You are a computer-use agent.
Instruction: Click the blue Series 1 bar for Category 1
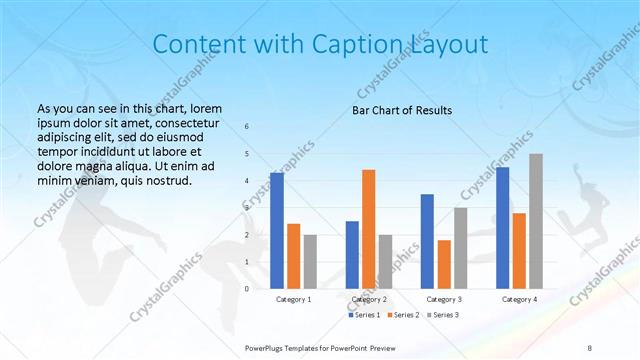pyautogui.click(x=276, y=230)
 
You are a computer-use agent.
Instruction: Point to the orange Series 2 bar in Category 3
pyautogui.click(x=443, y=263)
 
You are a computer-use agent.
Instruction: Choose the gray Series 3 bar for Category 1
pyautogui.click(x=310, y=261)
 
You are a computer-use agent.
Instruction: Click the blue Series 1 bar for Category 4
pyautogui.click(x=502, y=227)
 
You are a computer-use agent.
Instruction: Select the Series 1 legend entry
pyautogui.click(x=366, y=315)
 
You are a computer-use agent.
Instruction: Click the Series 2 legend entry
pyautogui.click(x=403, y=315)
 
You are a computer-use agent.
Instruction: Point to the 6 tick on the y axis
pyautogui.click(x=247, y=127)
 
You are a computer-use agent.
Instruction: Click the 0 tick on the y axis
pyautogui.click(x=247, y=289)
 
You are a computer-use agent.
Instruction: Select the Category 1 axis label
pyautogui.click(x=294, y=299)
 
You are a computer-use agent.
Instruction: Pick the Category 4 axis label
pyautogui.click(x=519, y=299)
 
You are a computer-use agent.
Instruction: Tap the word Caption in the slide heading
pyautogui.click(x=362, y=45)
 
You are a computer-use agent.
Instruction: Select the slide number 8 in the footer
pyautogui.click(x=589, y=348)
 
